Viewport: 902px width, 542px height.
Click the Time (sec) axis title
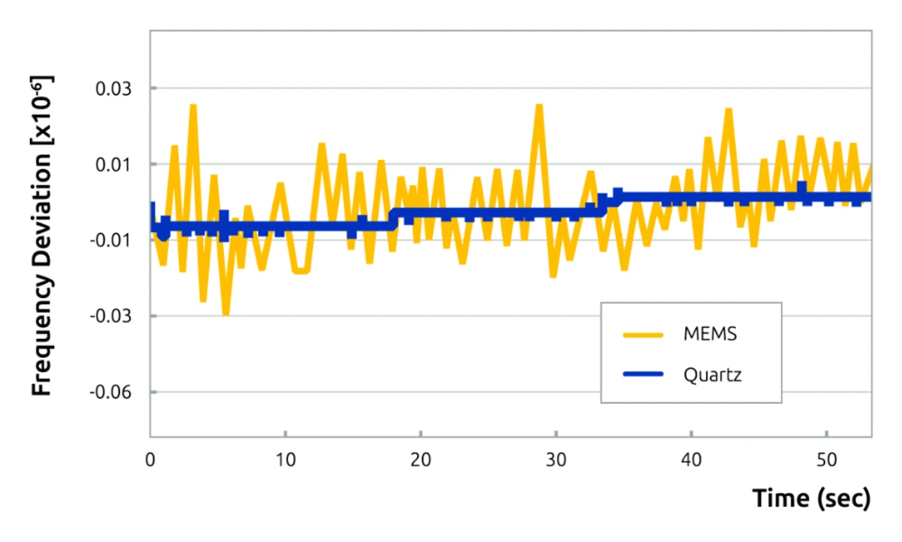tap(812, 498)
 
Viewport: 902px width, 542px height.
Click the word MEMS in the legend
tap(710, 334)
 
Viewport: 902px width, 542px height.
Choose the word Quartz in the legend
tap(712, 374)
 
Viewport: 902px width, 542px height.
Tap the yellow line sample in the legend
tap(643, 335)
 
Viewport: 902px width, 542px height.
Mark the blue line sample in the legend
tap(643, 374)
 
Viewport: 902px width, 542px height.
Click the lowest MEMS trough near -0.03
tap(225, 314)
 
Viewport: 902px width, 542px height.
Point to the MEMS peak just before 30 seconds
tap(539, 106)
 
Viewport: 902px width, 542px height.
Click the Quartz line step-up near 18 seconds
tap(393, 218)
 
